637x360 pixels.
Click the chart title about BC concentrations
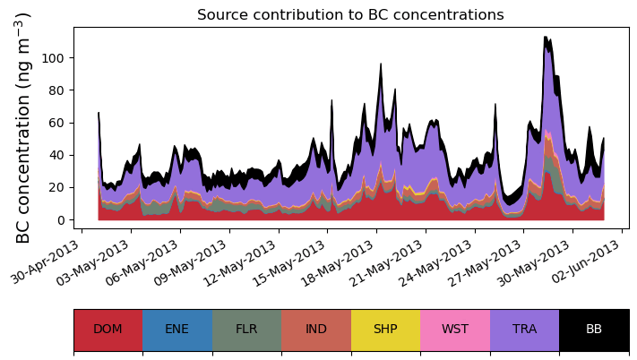click(x=350, y=15)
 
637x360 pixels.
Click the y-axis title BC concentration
click(x=24, y=128)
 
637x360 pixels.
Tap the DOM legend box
click(x=108, y=330)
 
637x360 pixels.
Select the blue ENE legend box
click(x=177, y=330)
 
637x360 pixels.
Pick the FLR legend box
click(x=246, y=330)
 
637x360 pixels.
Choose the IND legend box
click(x=316, y=330)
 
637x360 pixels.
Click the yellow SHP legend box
click(x=385, y=330)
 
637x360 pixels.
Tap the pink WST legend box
click(x=455, y=330)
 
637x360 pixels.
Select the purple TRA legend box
click(x=524, y=330)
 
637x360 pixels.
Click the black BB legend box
click(x=594, y=330)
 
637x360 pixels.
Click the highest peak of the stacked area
click(x=546, y=38)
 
